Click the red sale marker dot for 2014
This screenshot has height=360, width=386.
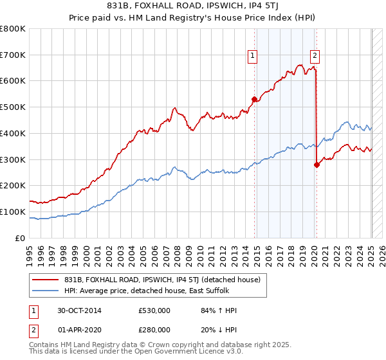coord(254,99)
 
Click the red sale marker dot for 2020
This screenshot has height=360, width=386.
coord(317,165)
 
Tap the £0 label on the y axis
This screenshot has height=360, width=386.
coord(20,238)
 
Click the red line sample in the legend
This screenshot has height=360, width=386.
coord(46,280)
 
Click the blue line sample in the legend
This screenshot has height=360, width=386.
coord(46,291)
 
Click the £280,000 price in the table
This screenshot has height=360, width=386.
coord(154,329)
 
